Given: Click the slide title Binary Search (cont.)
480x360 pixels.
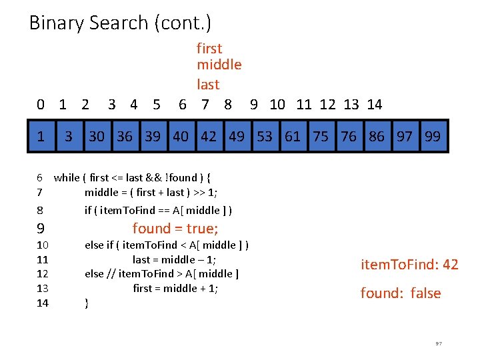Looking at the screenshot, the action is click(120, 23).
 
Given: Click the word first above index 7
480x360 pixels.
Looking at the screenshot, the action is click(209, 48).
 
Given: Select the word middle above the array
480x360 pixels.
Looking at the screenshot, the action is click(219, 65).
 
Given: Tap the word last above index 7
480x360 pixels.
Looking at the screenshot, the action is click(208, 85).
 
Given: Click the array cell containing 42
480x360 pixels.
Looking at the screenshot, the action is click(209, 137).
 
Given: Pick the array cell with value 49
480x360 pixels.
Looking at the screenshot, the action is click(237, 137).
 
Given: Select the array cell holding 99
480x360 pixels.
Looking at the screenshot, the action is click(433, 137).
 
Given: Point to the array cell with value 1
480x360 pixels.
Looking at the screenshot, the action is click(41, 137).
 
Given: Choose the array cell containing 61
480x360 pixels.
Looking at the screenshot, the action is click(293, 137).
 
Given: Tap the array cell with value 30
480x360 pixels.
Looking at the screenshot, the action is click(97, 137).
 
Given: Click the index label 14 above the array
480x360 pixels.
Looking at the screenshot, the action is click(375, 104).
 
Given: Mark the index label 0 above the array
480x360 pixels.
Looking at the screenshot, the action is click(41, 104).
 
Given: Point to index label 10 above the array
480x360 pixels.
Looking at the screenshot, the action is click(277, 104).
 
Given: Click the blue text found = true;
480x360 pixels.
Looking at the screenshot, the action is click(175, 229).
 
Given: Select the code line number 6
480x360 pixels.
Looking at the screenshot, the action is click(40, 177).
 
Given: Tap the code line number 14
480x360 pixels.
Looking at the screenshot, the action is click(42, 303).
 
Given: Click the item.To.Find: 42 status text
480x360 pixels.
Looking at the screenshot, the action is click(409, 265).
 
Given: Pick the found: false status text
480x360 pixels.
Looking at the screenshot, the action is click(401, 293).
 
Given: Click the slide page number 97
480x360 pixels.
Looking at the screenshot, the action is click(439, 343).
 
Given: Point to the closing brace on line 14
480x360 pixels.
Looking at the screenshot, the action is click(87, 303).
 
